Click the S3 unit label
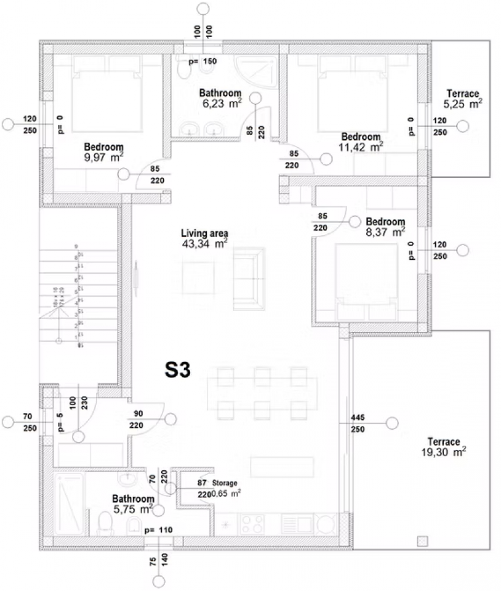[179, 369]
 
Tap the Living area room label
[204, 233]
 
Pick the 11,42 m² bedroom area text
[362, 147]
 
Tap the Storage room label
[225, 483]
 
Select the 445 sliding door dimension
[358, 417]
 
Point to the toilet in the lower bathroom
[105, 524]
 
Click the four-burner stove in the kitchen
[253, 523]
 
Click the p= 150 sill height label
[202, 62]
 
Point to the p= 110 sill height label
[158, 530]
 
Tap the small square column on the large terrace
[422, 541]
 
